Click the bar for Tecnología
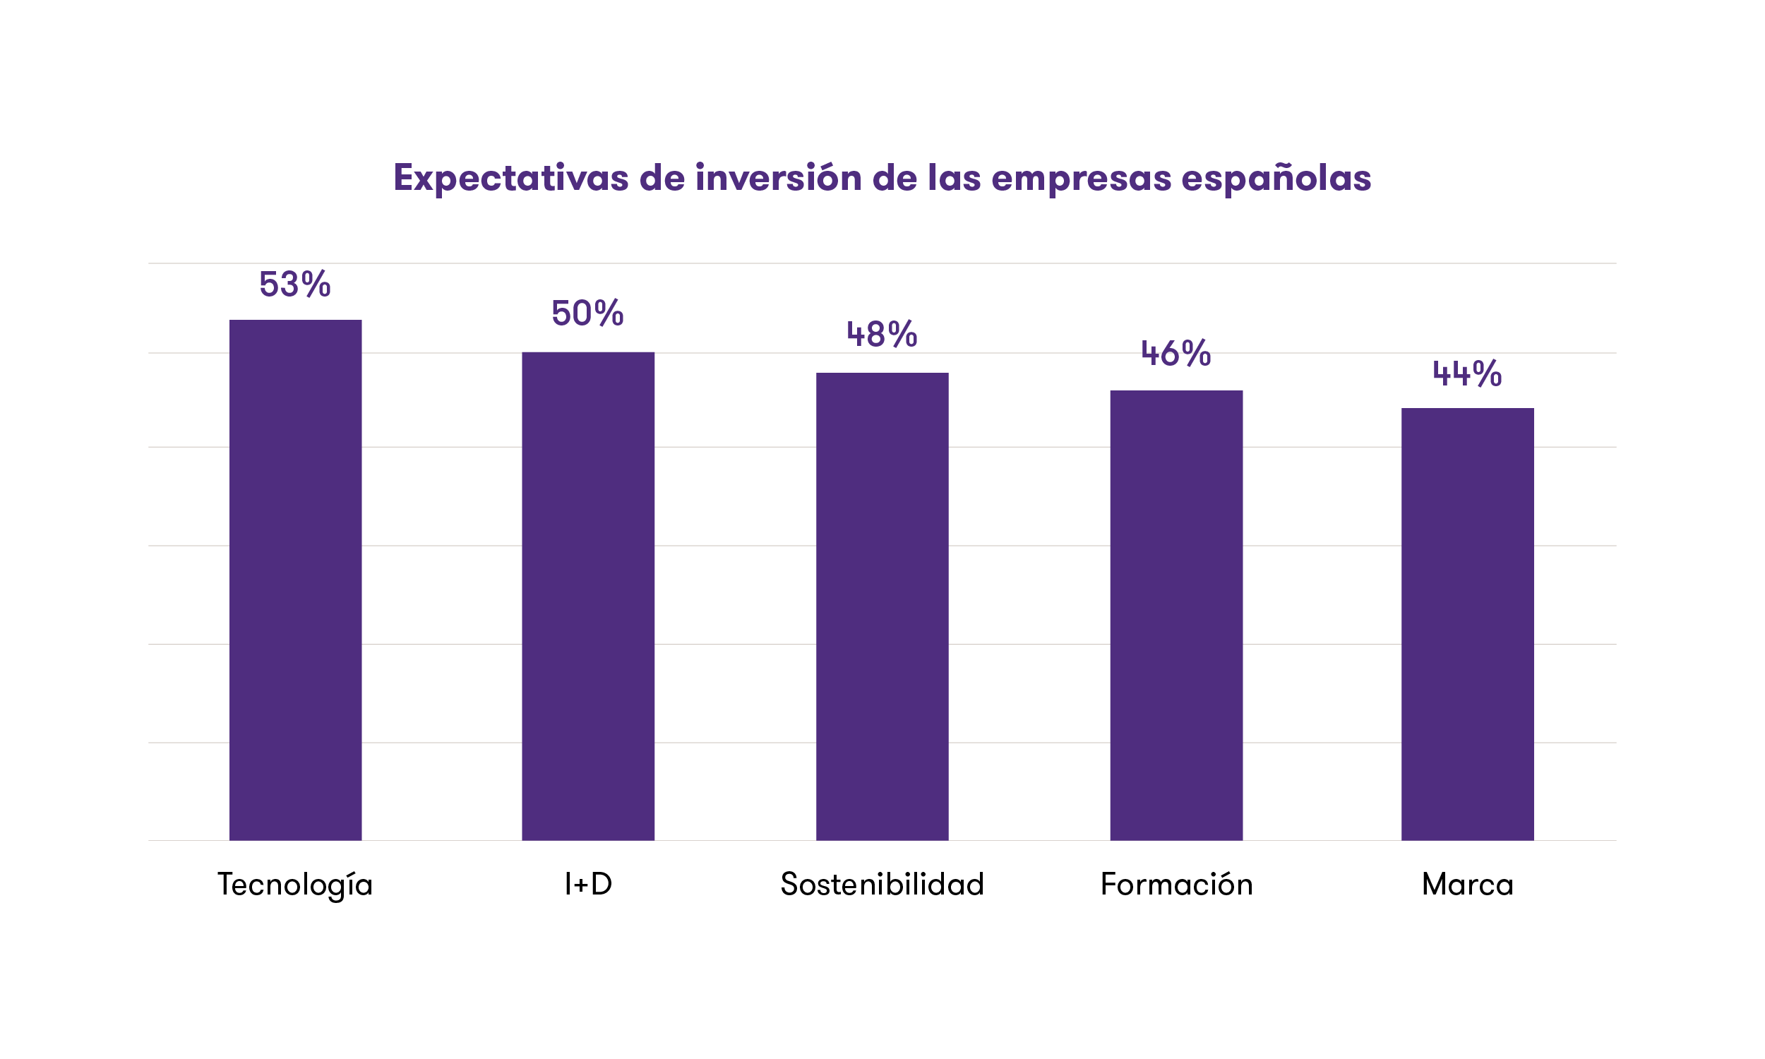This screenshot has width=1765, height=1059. [x=295, y=580]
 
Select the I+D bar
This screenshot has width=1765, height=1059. [x=588, y=596]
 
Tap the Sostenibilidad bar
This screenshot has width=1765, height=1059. [x=882, y=606]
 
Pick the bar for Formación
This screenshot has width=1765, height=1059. [x=1175, y=615]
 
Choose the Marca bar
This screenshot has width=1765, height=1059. [x=1467, y=623]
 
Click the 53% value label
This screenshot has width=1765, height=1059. [x=294, y=284]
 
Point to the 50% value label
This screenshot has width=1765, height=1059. [x=587, y=313]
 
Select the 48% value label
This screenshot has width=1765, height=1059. [x=882, y=334]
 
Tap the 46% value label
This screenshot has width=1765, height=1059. [x=1175, y=353]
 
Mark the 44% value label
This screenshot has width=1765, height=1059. [x=1467, y=373]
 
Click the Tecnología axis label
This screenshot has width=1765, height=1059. [x=294, y=885]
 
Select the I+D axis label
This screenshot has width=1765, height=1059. [x=588, y=884]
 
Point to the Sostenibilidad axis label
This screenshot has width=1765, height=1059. [x=882, y=884]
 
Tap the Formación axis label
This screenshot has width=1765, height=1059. [x=1175, y=884]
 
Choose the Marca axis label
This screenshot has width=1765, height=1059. [x=1467, y=885]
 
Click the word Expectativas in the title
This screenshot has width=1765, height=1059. [x=511, y=179]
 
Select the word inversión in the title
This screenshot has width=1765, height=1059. [x=777, y=177]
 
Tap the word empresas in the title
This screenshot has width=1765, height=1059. [x=1081, y=178]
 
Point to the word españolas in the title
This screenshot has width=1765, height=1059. [x=1276, y=179]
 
